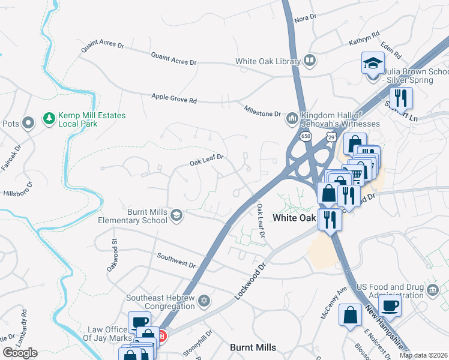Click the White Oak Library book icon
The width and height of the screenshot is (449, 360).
[309, 60]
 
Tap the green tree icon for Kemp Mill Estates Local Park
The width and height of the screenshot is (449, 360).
[49, 119]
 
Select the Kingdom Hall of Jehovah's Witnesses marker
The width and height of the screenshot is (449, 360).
[292, 118]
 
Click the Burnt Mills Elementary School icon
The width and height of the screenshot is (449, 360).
[176, 215]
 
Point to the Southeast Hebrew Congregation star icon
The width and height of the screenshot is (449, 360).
[204, 301]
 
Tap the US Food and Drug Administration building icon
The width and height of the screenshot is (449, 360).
[433, 291]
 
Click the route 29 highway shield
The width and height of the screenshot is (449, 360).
[330, 137]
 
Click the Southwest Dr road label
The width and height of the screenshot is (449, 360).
[176, 260]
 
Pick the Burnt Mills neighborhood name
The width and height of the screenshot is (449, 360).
[253, 347]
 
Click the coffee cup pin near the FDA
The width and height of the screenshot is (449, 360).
[390, 306]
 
